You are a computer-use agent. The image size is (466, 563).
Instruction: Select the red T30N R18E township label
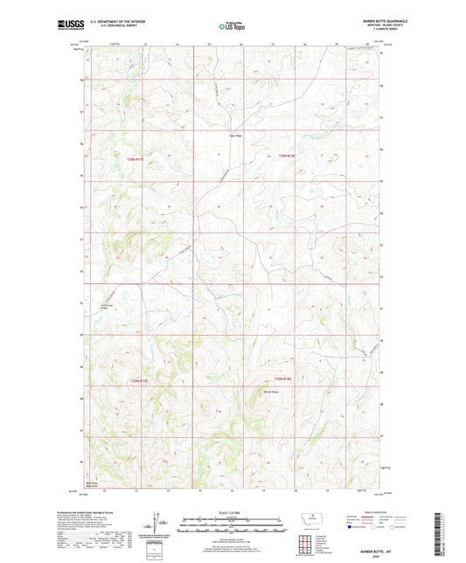click(275, 156)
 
